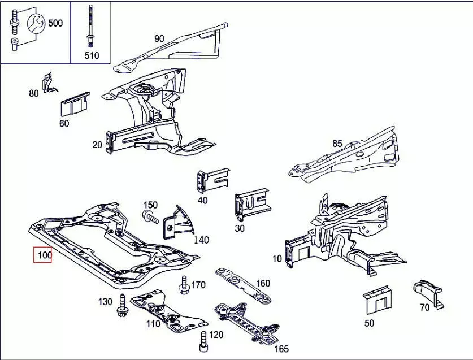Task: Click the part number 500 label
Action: pyautogui.click(x=55, y=23)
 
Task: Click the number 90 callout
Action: pyautogui.click(x=159, y=38)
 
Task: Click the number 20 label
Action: pyautogui.click(x=97, y=145)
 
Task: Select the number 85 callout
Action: pyautogui.click(x=337, y=144)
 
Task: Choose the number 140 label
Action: pyautogui.click(x=201, y=240)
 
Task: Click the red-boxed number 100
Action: pyautogui.click(x=44, y=255)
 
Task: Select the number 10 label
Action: pyautogui.click(x=277, y=259)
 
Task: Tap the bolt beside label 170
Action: pyautogui.click(x=184, y=286)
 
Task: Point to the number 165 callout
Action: pyautogui.click(x=281, y=349)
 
